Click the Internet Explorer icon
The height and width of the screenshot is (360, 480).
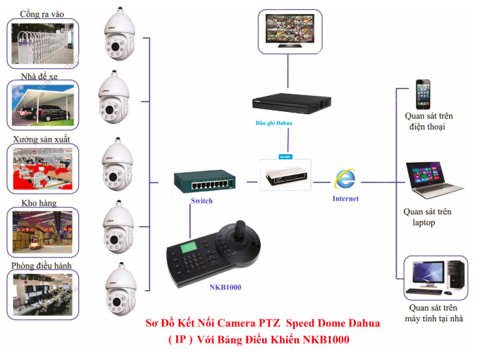345,180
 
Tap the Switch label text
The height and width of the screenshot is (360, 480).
201,201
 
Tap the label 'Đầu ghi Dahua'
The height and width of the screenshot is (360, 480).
273,123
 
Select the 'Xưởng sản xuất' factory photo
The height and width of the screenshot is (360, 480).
42,169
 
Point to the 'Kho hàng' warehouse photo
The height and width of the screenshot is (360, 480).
42,231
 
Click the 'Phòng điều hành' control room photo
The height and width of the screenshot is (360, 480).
42,293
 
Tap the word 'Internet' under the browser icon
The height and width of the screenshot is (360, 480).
345,199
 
